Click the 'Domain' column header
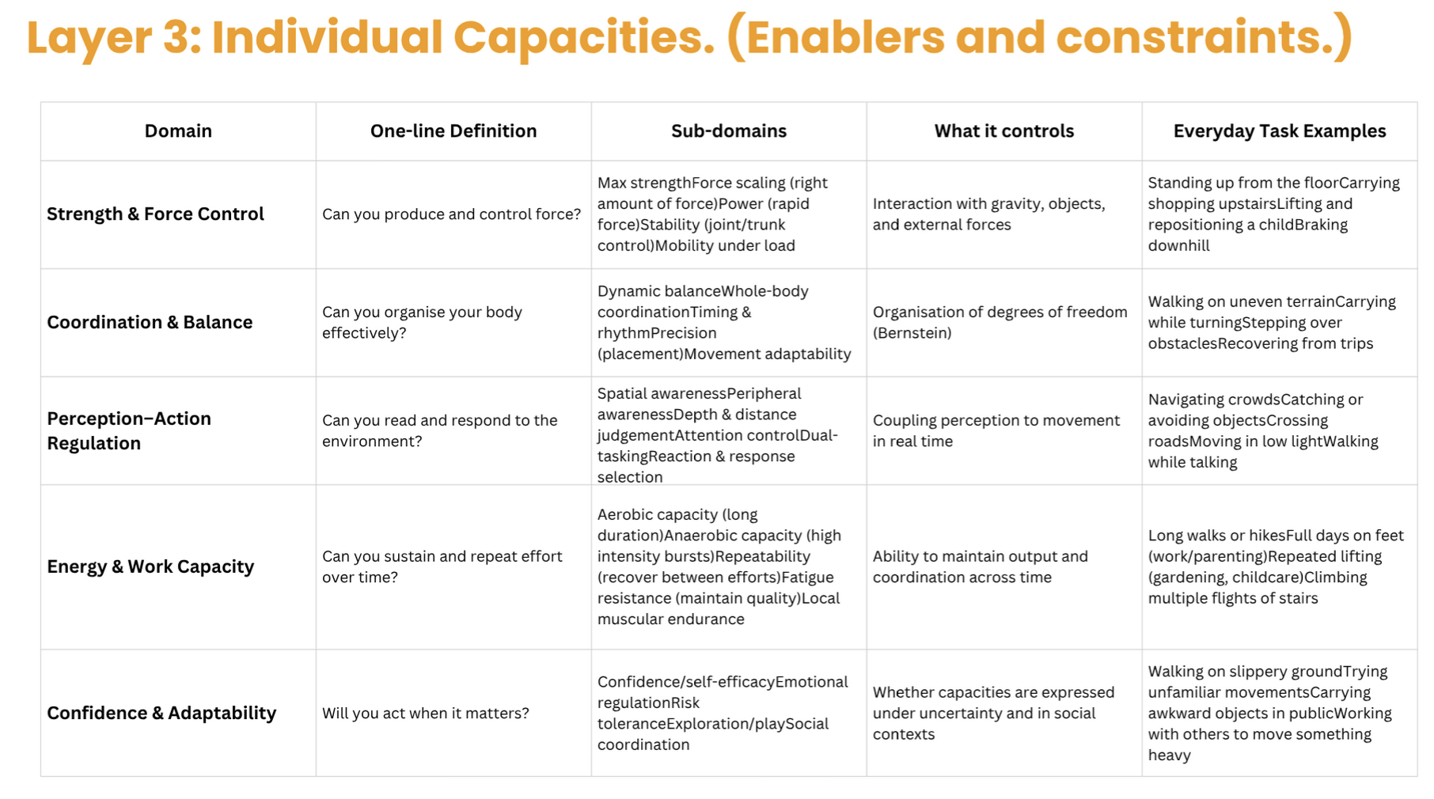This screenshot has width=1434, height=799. coord(178,131)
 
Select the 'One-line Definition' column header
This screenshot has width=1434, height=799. coord(453,131)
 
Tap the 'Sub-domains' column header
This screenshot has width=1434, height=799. coord(729,131)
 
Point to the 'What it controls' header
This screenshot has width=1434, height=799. coord(1003,131)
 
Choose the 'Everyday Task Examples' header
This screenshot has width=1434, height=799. coord(1279,131)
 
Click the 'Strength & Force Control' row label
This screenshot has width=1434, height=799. coord(155,214)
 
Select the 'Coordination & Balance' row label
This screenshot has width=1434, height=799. coord(150,323)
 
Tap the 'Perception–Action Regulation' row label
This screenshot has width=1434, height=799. coord(129,430)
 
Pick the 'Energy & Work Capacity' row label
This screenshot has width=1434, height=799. coord(150,566)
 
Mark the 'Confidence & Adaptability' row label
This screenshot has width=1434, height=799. coord(161,713)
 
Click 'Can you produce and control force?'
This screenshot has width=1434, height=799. coord(451,214)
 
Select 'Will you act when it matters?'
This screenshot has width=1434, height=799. coord(425,713)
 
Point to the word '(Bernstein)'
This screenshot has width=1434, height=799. coord(912,333)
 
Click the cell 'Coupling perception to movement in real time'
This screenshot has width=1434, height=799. coord(996,430)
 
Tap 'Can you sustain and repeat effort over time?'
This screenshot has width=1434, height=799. coord(442,566)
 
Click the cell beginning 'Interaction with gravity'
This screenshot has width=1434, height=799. coord(988,214)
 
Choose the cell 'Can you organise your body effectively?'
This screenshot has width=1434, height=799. coord(422,323)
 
